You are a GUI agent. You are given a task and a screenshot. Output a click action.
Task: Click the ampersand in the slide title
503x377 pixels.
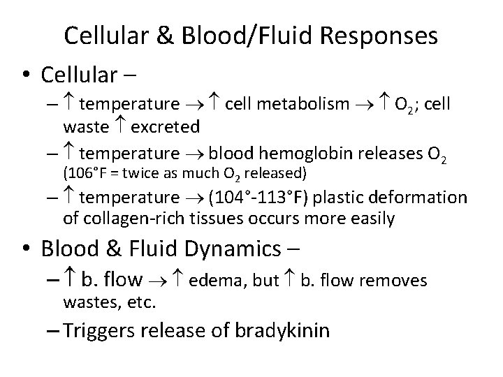point(165,36)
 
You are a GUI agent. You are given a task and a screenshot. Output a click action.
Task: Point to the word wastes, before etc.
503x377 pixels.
point(85,303)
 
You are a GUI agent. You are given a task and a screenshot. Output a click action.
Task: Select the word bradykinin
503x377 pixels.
point(276,331)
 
